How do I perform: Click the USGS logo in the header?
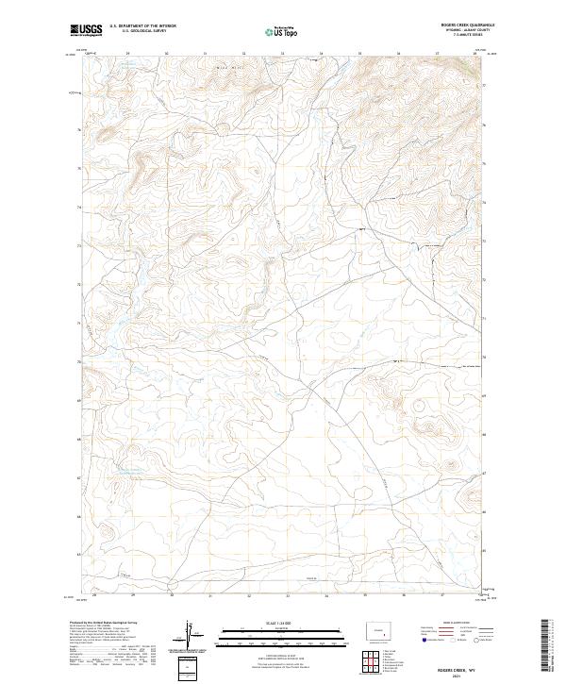87,30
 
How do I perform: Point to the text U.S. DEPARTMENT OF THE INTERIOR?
142,25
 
